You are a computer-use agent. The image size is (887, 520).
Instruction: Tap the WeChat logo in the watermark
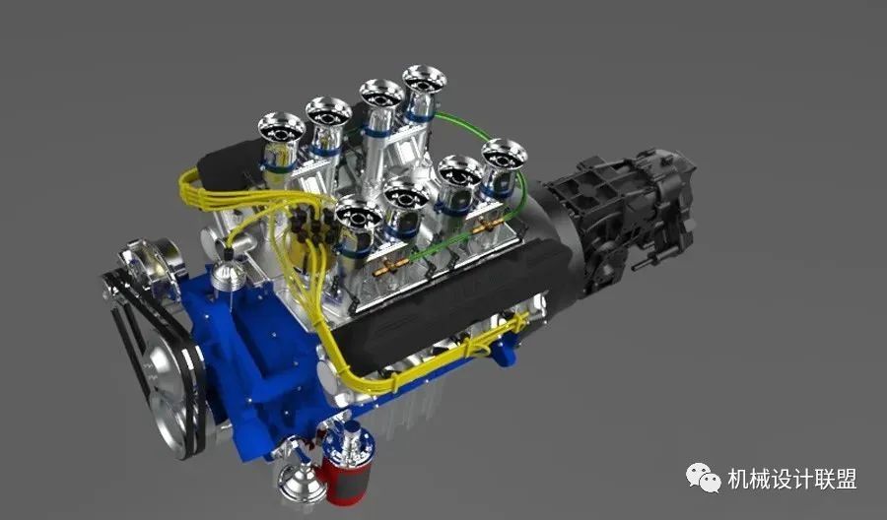coord(703,479)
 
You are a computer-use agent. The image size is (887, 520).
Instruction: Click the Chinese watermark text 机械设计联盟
coord(792,479)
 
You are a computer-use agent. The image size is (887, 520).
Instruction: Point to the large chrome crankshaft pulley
coord(171,390)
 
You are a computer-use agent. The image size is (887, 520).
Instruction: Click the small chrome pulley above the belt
coord(154,257)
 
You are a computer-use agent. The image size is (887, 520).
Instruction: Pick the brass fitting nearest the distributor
coord(391,267)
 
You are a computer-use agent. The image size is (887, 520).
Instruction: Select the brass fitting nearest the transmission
coord(488,227)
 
